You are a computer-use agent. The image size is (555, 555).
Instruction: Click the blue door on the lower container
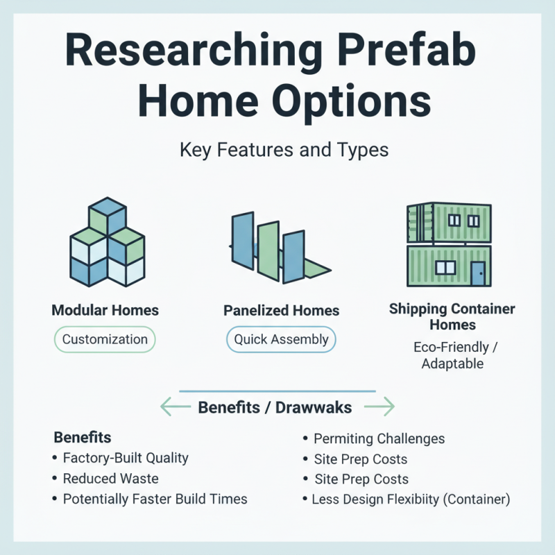coord(477,273)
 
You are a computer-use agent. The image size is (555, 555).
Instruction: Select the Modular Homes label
coord(105,310)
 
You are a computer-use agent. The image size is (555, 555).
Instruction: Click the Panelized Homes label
coord(281,311)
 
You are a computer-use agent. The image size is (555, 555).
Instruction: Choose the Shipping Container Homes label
coord(452,316)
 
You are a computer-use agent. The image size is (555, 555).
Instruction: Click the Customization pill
coord(105,339)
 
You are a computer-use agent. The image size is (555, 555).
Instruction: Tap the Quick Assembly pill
coord(281,339)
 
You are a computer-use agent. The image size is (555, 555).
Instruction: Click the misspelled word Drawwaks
coord(314,407)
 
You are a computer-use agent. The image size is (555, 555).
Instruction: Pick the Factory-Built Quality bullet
coord(125,458)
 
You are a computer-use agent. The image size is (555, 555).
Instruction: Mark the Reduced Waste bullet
coord(110,479)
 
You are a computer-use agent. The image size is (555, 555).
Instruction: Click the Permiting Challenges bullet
coord(379,439)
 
